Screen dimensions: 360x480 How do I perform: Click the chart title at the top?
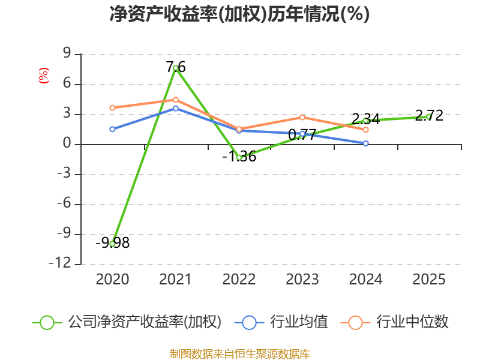pos(239,14)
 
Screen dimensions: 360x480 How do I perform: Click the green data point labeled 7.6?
pos(176,68)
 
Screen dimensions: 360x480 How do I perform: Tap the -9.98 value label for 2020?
pos(113,243)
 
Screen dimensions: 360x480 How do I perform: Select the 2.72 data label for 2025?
pos(430,116)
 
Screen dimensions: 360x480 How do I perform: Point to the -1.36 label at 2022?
pos(239,157)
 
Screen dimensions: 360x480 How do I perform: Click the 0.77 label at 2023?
pos(302,135)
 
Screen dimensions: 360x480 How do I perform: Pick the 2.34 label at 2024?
pos(366,119)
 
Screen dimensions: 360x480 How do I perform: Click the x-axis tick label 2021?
pos(176,280)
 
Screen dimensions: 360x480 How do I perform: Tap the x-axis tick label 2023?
pos(302,280)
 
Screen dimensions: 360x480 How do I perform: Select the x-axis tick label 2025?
pos(430,280)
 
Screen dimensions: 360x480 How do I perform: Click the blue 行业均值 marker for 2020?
pos(112,129)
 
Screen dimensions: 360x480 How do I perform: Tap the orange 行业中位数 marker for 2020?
pos(112,108)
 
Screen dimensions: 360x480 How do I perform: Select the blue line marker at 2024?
pos(366,143)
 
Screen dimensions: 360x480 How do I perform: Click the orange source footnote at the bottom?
pos(239,353)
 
